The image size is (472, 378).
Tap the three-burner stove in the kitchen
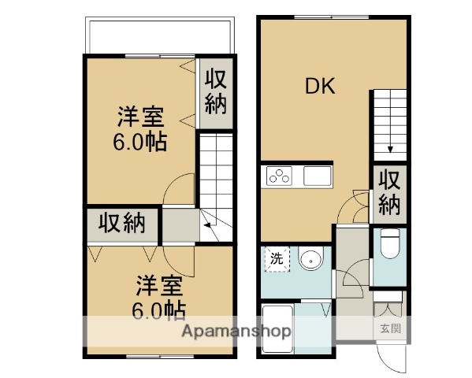(279, 176)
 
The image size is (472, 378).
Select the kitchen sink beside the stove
(318, 176)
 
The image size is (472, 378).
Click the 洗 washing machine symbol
(276, 258)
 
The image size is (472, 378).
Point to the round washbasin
(310, 258)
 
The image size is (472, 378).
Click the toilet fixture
(390, 245)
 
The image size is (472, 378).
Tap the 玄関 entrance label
(389, 329)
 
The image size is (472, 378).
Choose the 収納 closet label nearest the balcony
(215, 91)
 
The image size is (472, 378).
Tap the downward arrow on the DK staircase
(390, 147)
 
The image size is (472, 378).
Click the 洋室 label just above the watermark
(161, 284)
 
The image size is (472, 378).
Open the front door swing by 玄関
(392, 358)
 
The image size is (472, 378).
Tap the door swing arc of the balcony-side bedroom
(180, 189)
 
